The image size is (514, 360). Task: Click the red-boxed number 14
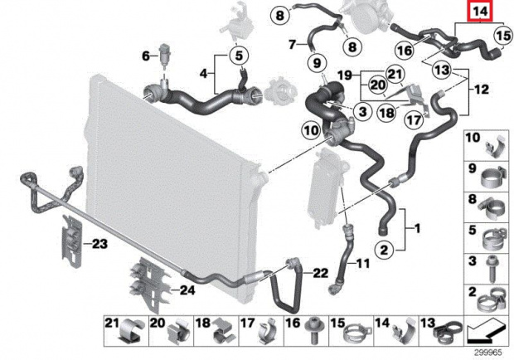tap(480, 12)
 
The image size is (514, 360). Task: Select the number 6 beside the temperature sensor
tap(146, 56)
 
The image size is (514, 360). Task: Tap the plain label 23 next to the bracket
tap(99, 244)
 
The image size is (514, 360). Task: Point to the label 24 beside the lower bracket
tap(187, 290)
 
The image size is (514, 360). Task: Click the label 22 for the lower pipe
tap(320, 273)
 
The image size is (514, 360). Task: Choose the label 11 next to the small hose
tap(362, 263)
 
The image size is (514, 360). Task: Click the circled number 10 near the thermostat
tap(311, 131)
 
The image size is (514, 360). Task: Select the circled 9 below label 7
tap(317, 62)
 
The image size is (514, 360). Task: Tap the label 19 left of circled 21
tap(345, 76)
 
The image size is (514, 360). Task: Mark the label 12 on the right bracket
tap(481, 90)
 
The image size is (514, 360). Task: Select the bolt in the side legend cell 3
tap(492, 269)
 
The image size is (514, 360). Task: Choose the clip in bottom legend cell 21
tap(132, 331)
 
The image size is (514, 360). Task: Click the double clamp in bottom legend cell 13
tap(448, 332)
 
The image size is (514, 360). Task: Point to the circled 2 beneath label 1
tap(384, 251)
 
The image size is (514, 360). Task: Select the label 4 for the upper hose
tap(204, 74)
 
